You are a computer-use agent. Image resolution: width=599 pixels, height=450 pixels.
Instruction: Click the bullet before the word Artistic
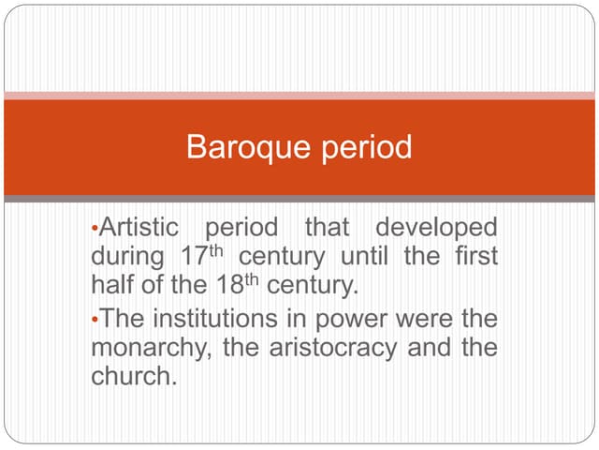(x=95, y=229)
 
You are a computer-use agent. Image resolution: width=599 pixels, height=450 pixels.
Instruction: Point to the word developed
(x=436, y=228)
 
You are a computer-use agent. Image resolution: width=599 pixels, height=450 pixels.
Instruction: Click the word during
(x=123, y=256)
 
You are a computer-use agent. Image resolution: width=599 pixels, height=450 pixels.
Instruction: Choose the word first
(x=474, y=256)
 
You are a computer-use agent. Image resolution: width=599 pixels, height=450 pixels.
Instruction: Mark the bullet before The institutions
(x=95, y=320)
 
